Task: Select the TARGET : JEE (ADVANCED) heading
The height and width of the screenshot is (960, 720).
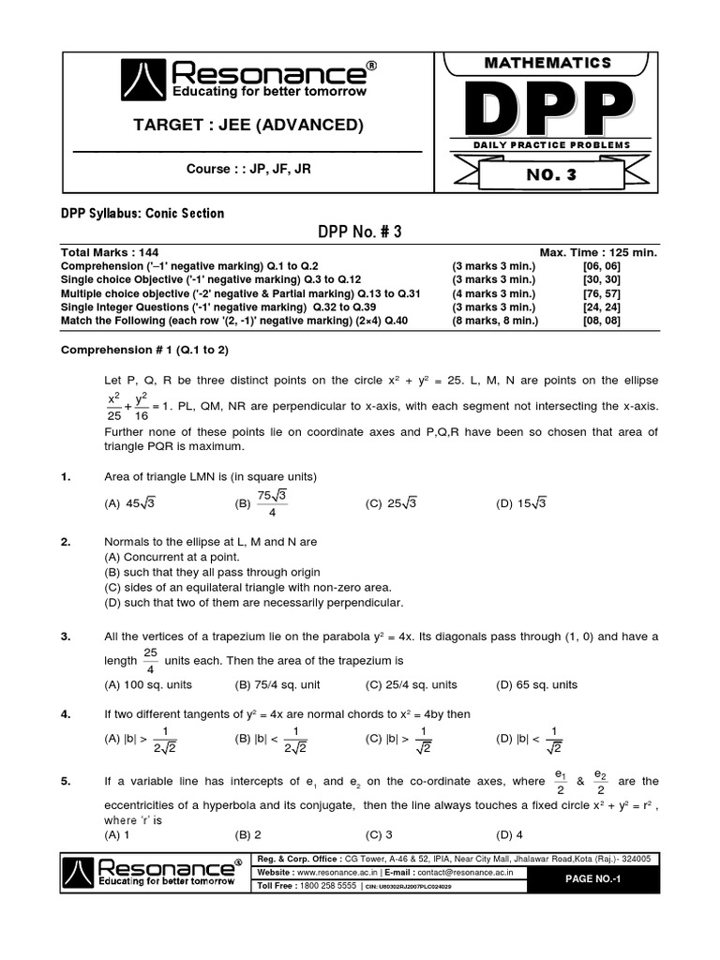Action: point(247,126)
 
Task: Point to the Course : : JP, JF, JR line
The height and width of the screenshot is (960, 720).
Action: point(247,169)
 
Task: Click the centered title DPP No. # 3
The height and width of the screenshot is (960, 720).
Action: point(360,232)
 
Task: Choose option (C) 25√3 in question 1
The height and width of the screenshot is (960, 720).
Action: point(390,503)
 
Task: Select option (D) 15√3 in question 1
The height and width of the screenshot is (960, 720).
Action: point(520,503)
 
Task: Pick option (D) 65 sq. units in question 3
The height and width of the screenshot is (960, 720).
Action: point(537,684)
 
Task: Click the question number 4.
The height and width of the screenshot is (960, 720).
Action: point(66,713)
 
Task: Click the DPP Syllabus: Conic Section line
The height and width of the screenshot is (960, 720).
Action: point(142,213)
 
